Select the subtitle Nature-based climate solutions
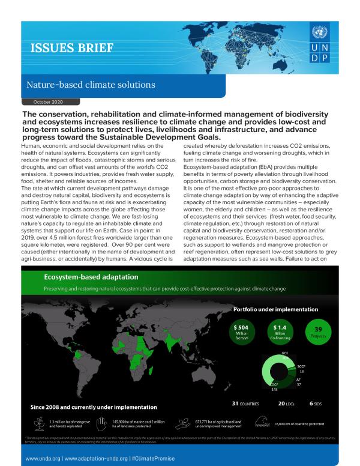[90, 85]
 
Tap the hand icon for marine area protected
[101, 423]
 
